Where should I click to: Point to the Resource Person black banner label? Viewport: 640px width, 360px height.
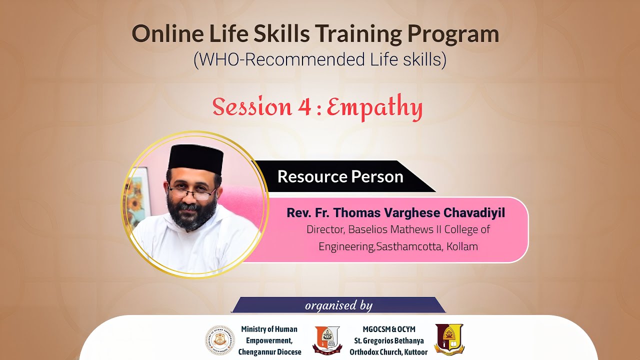point(340,176)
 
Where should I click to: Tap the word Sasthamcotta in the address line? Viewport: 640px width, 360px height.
point(408,246)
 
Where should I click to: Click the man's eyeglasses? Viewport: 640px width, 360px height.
point(192,191)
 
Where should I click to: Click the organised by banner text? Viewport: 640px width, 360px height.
point(338,305)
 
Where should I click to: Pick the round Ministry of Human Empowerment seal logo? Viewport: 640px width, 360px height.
point(220,340)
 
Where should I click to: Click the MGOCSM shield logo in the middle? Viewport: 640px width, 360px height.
point(326,339)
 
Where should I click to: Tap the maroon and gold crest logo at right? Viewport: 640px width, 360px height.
point(449,339)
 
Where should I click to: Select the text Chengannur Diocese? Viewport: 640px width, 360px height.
point(269,352)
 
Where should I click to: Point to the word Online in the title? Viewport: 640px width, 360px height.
point(161,34)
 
